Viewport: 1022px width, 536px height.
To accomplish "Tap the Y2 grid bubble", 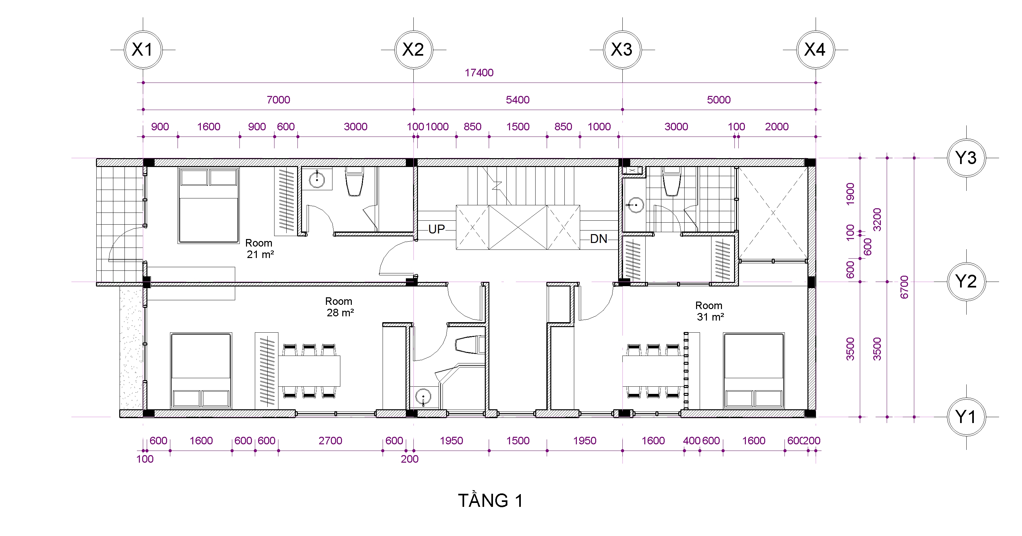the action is click(x=966, y=282).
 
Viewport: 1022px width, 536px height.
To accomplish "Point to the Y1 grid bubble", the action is click(x=966, y=417).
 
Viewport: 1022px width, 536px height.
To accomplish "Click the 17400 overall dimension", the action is click(x=479, y=73).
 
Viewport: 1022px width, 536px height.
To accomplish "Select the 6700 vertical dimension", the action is click(x=904, y=287).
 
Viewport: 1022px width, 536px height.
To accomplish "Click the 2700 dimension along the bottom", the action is click(x=331, y=440).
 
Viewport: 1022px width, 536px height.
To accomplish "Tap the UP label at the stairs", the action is click(x=436, y=229).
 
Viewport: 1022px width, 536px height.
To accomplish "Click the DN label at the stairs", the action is click(x=599, y=239).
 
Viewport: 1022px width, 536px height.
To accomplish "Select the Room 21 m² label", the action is click(x=259, y=249).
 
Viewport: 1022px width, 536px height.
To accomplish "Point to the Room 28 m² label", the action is click(x=340, y=307).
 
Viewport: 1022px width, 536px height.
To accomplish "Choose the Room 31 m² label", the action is click(x=710, y=311).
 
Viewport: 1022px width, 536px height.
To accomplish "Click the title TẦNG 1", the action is click(x=491, y=500).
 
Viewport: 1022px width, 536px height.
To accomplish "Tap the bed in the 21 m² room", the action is click(x=208, y=206).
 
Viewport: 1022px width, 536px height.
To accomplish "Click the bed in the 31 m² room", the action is click(x=754, y=370).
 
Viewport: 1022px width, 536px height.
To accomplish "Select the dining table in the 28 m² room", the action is click(x=309, y=371).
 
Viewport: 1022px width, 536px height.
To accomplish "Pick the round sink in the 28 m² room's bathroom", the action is click(x=423, y=397).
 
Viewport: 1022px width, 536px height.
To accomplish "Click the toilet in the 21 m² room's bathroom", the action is click(x=354, y=181).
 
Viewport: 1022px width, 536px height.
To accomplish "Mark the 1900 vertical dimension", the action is click(x=850, y=194).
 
